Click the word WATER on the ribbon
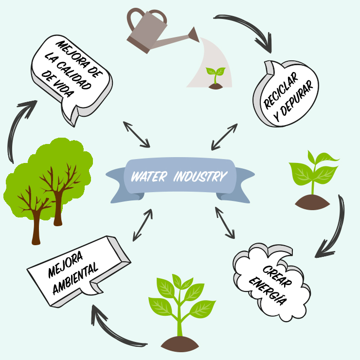149,176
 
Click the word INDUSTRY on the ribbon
200,176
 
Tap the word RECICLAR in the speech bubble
281,90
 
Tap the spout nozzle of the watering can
194,35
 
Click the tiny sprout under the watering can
216,78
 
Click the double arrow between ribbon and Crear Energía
225,223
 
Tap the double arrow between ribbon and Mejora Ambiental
143,225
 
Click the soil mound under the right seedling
312,202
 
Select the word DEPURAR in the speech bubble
294,101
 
